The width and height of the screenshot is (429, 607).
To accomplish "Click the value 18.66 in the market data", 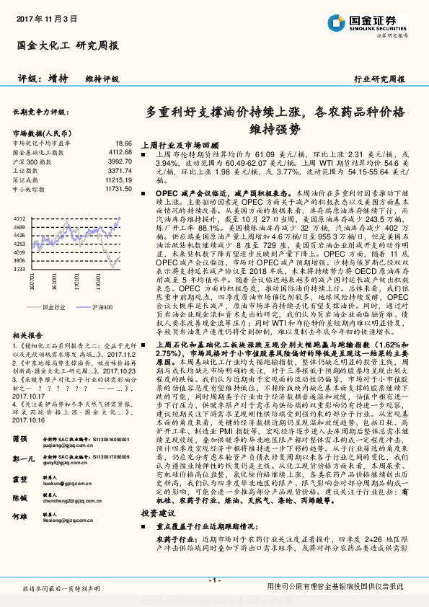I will (123, 143).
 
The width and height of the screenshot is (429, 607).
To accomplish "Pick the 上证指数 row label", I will (26, 169).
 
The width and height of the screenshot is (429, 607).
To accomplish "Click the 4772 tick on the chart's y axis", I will (19, 217).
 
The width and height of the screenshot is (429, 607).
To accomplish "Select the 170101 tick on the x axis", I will (94, 278).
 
